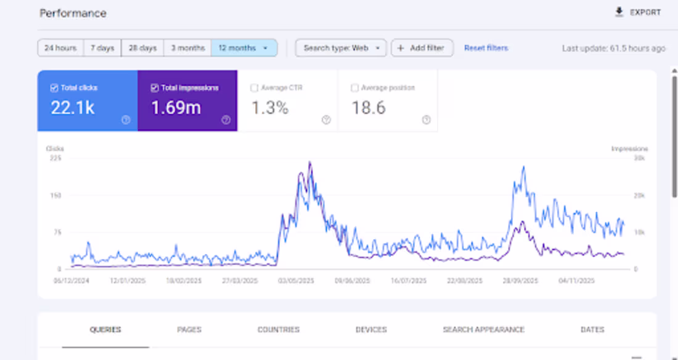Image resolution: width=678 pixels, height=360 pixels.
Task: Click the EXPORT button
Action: [638, 12]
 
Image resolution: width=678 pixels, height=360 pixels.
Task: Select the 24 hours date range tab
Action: [60, 48]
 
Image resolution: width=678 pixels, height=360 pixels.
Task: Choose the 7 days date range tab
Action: [102, 48]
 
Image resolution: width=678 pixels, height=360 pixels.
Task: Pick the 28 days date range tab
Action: [142, 48]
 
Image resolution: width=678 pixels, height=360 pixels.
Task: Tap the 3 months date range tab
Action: [187, 48]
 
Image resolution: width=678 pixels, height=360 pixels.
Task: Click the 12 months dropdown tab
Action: [243, 48]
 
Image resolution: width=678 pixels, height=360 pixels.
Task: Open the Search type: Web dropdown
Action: [341, 48]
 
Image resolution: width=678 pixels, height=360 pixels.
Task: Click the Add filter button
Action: [422, 48]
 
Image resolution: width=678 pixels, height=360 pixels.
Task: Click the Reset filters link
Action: [486, 48]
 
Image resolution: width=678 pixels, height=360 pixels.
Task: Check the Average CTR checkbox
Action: [255, 88]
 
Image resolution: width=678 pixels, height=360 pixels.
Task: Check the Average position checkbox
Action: [354, 88]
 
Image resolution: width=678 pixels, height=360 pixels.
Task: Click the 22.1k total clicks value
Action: [73, 108]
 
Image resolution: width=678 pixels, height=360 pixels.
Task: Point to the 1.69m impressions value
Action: [176, 108]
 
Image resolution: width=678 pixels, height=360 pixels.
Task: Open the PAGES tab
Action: [189, 330]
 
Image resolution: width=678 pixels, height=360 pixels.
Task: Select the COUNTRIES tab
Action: [278, 330]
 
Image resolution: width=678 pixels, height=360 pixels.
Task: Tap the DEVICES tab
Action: [371, 330]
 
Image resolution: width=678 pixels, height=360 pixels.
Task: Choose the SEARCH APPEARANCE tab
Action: [483, 330]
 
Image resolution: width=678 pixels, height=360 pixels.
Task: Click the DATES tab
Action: [592, 330]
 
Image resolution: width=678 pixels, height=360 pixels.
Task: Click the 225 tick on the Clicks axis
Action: [55, 158]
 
